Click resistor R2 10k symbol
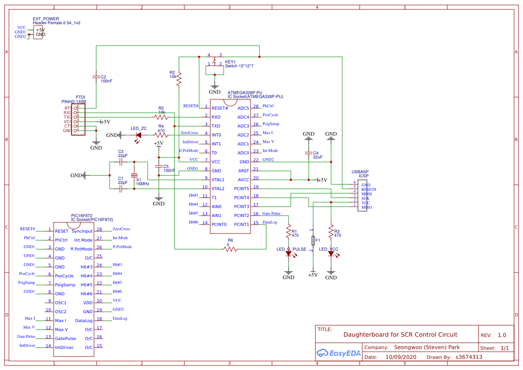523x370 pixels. pos(179,80)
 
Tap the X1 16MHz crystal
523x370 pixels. pos(133,175)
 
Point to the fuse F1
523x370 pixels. pos(313,240)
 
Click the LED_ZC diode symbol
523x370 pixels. pos(139,135)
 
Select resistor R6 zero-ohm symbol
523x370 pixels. pos(231,249)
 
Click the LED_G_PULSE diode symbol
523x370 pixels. pos(289,254)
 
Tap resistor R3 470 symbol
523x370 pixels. pos(331,232)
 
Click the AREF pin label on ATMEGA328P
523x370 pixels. pos(243,171)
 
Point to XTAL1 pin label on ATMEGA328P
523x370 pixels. pos(218,180)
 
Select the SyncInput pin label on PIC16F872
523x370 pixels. pos(82,231)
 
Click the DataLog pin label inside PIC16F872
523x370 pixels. pos(84,321)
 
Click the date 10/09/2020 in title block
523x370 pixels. pos(400,357)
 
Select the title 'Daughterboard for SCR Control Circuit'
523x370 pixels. pos(400,335)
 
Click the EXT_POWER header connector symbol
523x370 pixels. pos(38,32)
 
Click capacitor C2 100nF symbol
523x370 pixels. pos(96,77)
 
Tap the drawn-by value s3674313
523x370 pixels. pos(469,357)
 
